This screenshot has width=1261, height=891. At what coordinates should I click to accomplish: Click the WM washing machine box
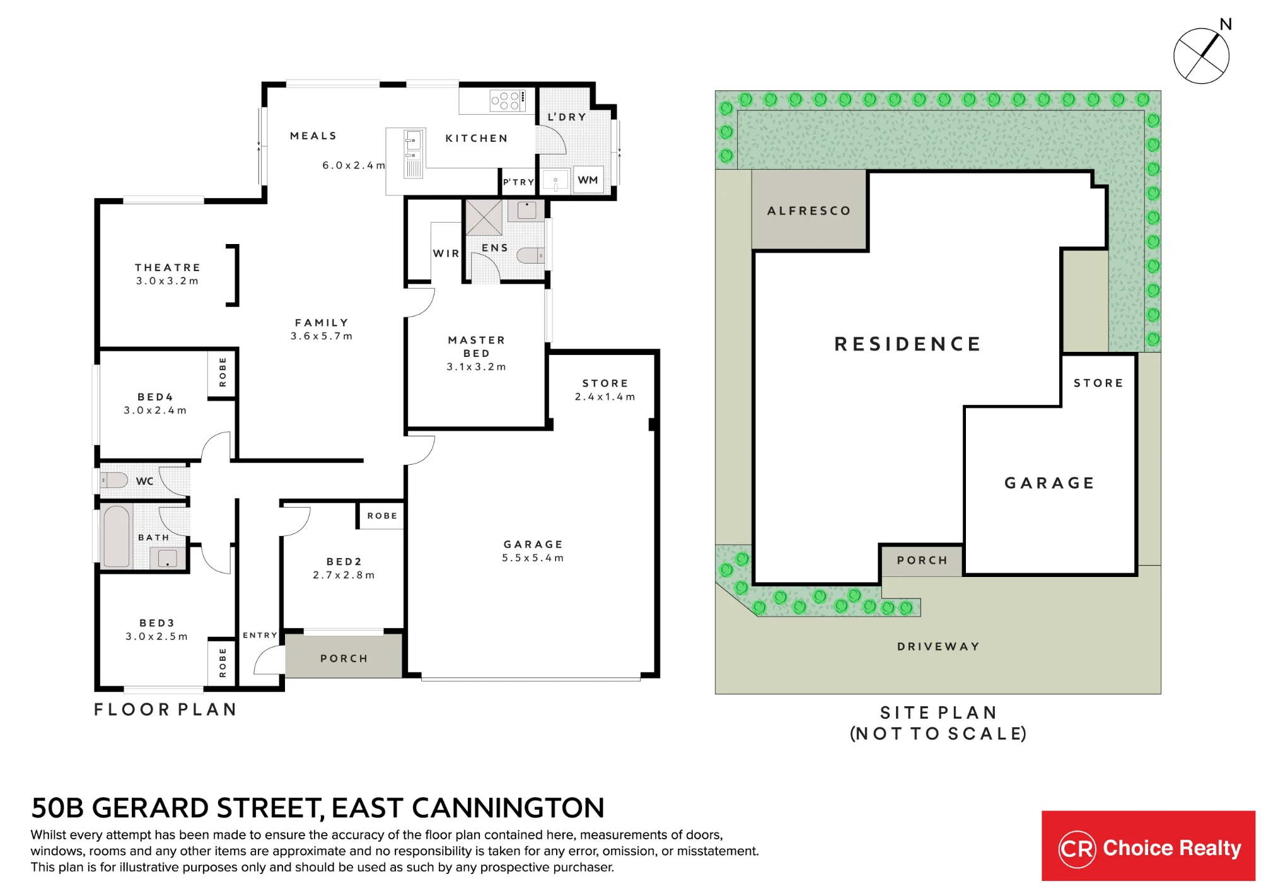588,180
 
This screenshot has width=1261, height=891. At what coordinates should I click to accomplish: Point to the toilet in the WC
114,480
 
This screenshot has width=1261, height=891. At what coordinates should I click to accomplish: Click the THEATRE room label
168,267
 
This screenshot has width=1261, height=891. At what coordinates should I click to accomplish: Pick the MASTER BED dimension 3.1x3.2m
476,366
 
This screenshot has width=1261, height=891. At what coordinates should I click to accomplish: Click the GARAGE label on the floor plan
533,544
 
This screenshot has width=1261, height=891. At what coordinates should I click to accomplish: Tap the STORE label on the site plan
1098,383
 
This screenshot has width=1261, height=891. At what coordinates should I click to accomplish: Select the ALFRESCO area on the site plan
810,209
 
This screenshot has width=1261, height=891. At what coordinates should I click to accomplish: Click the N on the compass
1226,25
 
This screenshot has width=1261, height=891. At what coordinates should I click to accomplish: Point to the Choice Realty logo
1148,846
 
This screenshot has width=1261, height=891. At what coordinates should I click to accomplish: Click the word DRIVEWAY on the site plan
938,646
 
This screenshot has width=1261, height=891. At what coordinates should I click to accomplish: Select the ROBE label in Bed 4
223,372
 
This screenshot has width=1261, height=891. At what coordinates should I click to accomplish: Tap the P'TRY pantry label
518,182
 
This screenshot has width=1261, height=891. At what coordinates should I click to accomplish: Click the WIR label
446,253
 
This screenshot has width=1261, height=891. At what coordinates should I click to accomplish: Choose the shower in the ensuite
484,218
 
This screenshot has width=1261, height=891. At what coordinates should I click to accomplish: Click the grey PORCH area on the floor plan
344,656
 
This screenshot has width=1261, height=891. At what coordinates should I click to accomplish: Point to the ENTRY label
260,635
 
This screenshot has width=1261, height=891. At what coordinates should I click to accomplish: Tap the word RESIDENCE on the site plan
908,344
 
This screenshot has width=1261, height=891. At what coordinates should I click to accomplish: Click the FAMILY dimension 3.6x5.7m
322,336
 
